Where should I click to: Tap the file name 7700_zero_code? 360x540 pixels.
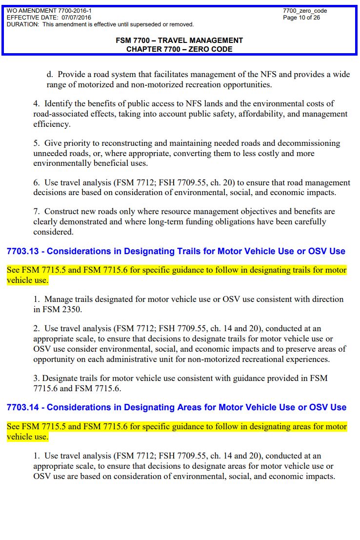coord(305,11)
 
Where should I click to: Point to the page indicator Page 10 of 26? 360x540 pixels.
coord(301,18)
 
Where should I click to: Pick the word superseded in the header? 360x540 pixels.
coord(145,24)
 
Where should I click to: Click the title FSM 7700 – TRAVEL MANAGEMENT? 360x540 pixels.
coord(179,40)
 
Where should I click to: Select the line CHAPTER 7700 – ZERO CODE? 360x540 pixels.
coord(179,49)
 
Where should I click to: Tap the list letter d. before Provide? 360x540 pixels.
coord(49,75)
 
